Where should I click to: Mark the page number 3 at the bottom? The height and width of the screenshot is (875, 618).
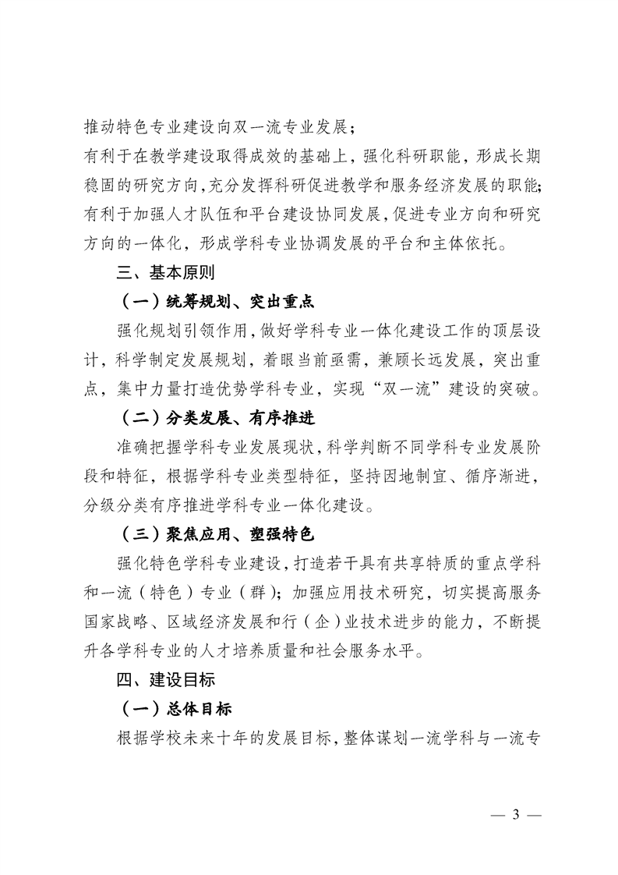click(514, 816)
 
